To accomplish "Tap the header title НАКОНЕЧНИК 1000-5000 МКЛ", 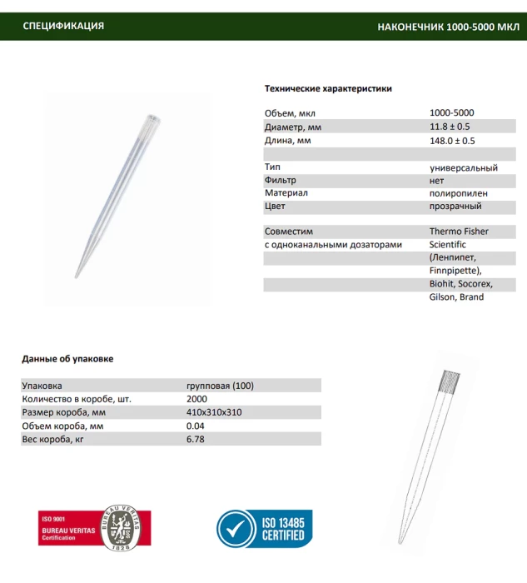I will (x=447, y=27).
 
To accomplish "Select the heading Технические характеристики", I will (x=328, y=88).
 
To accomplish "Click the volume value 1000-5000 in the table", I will (x=452, y=113).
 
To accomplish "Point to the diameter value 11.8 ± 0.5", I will (x=450, y=127).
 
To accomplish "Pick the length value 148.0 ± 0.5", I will (x=452, y=141).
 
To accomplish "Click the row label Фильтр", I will (x=281, y=180).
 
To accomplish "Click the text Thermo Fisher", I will (x=459, y=231).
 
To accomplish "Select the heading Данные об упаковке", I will (x=67, y=359).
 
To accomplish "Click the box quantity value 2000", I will (x=197, y=399).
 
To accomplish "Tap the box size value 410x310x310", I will (x=214, y=412).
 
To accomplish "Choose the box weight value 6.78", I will (x=196, y=439).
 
